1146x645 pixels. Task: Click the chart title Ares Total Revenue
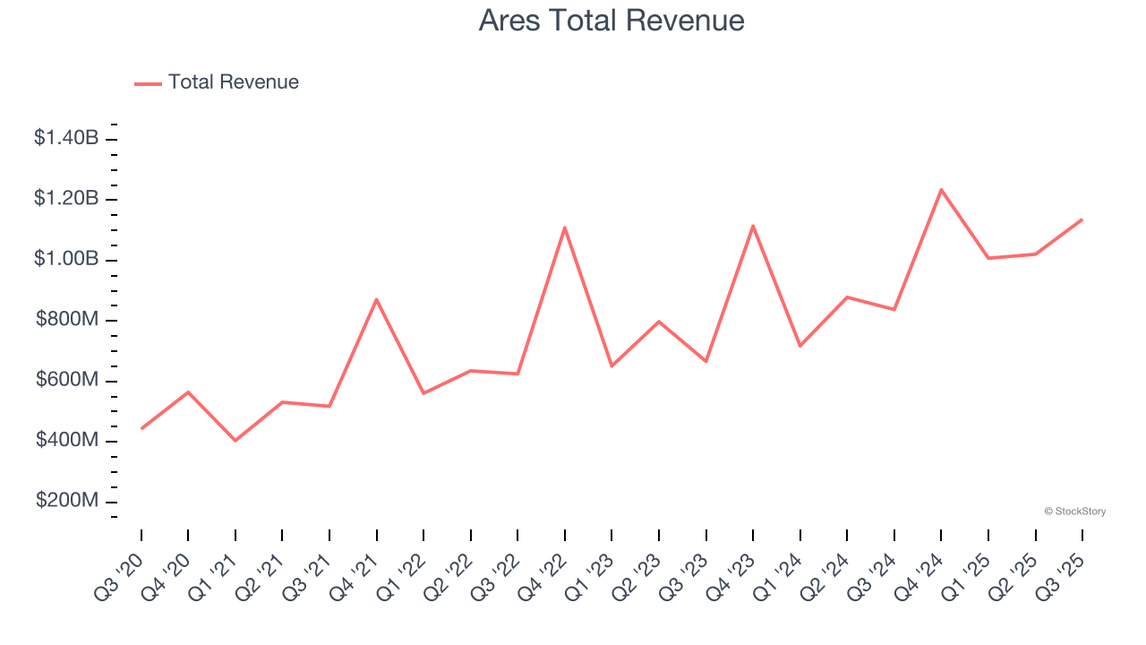click(x=611, y=21)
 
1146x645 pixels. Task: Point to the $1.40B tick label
click(x=66, y=138)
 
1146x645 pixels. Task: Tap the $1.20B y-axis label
click(x=66, y=198)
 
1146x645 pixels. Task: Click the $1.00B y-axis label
click(x=66, y=259)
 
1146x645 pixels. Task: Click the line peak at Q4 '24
click(x=941, y=190)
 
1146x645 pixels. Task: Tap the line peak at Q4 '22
click(x=565, y=228)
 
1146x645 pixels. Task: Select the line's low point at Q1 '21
click(x=235, y=441)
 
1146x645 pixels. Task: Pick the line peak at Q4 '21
click(x=377, y=299)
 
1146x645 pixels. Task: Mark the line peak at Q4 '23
click(x=753, y=226)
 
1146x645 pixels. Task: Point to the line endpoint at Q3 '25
click(x=1082, y=219)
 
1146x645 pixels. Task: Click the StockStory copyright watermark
click(x=1074, y=512)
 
